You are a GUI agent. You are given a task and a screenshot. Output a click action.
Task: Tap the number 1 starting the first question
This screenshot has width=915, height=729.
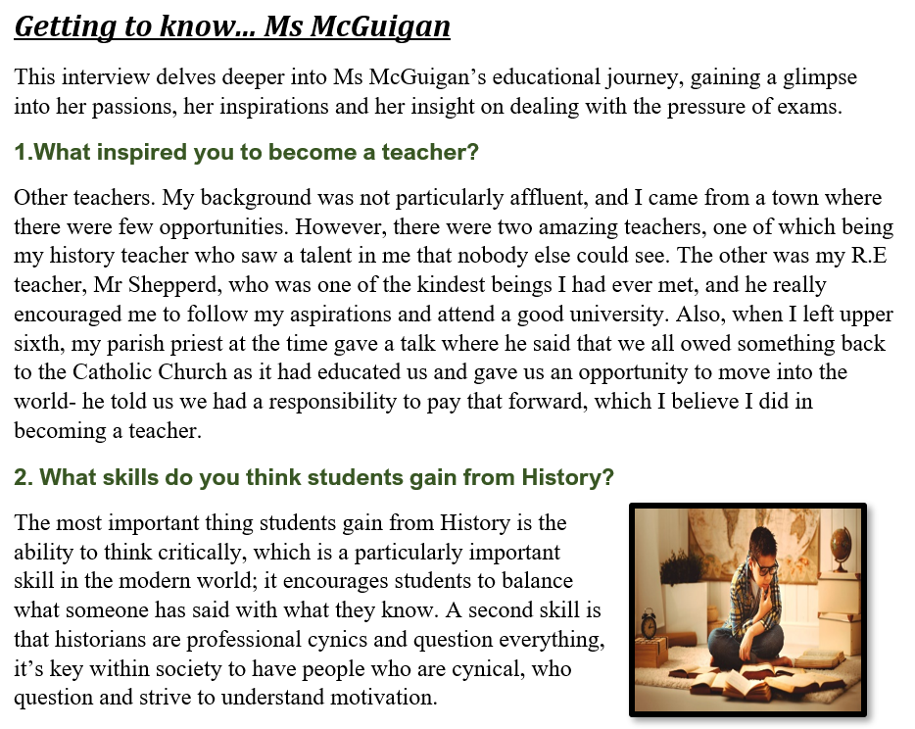coord(21,153)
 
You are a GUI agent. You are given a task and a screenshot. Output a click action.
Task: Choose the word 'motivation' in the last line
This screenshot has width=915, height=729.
coord(387,698)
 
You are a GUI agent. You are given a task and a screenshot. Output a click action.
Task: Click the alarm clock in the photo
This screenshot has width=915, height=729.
coord(649,624)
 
